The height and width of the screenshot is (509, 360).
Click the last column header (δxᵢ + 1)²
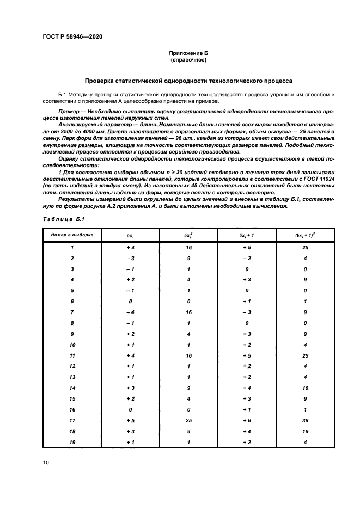point(305,235)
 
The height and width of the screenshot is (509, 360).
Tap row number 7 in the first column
point(72,312)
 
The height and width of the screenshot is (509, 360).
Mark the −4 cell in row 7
point(130,312)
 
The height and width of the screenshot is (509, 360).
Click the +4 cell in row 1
point(130,247)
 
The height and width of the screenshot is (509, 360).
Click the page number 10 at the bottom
point(46,463)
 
